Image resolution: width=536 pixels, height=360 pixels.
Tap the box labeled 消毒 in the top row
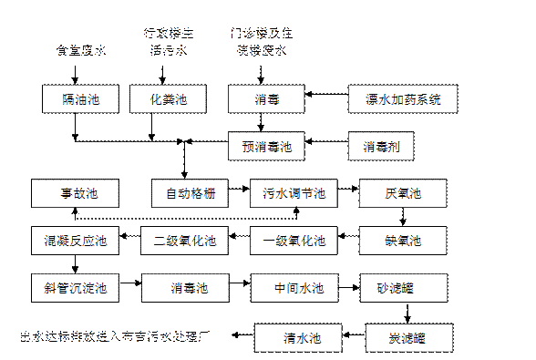tap(266, 98)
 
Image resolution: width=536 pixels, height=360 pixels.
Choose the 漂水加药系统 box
tap(396, 98)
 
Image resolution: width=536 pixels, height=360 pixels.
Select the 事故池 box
tap(78, 193)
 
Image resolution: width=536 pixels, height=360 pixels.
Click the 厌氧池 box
tap(403, 193)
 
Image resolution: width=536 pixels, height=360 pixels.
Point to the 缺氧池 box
tap(403, 242)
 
